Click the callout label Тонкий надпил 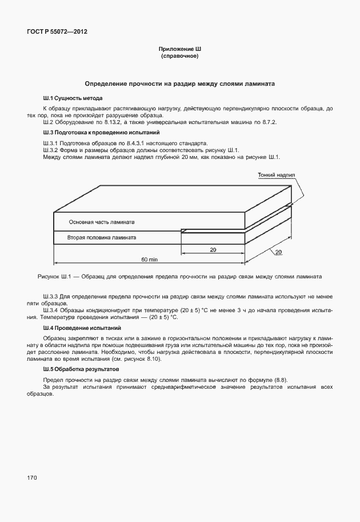pos(276,176)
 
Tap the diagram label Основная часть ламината pos(102,222)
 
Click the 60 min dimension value pos(150,259)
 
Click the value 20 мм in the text pos(189,157)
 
